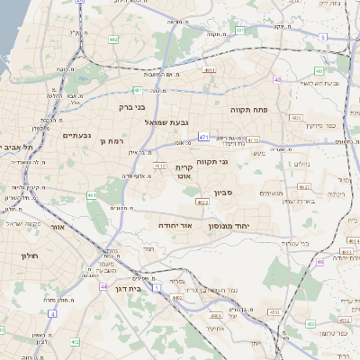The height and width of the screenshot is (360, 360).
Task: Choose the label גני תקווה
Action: tap(236, 162)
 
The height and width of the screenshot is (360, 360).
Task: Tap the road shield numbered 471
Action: tap(204, 137)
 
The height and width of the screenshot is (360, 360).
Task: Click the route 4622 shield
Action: tap(202, 203)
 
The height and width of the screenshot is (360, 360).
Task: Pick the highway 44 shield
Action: tap(104, 286)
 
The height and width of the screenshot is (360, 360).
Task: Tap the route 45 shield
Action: tap(279, 80)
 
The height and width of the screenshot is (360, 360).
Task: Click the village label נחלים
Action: tap(301, 165)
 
